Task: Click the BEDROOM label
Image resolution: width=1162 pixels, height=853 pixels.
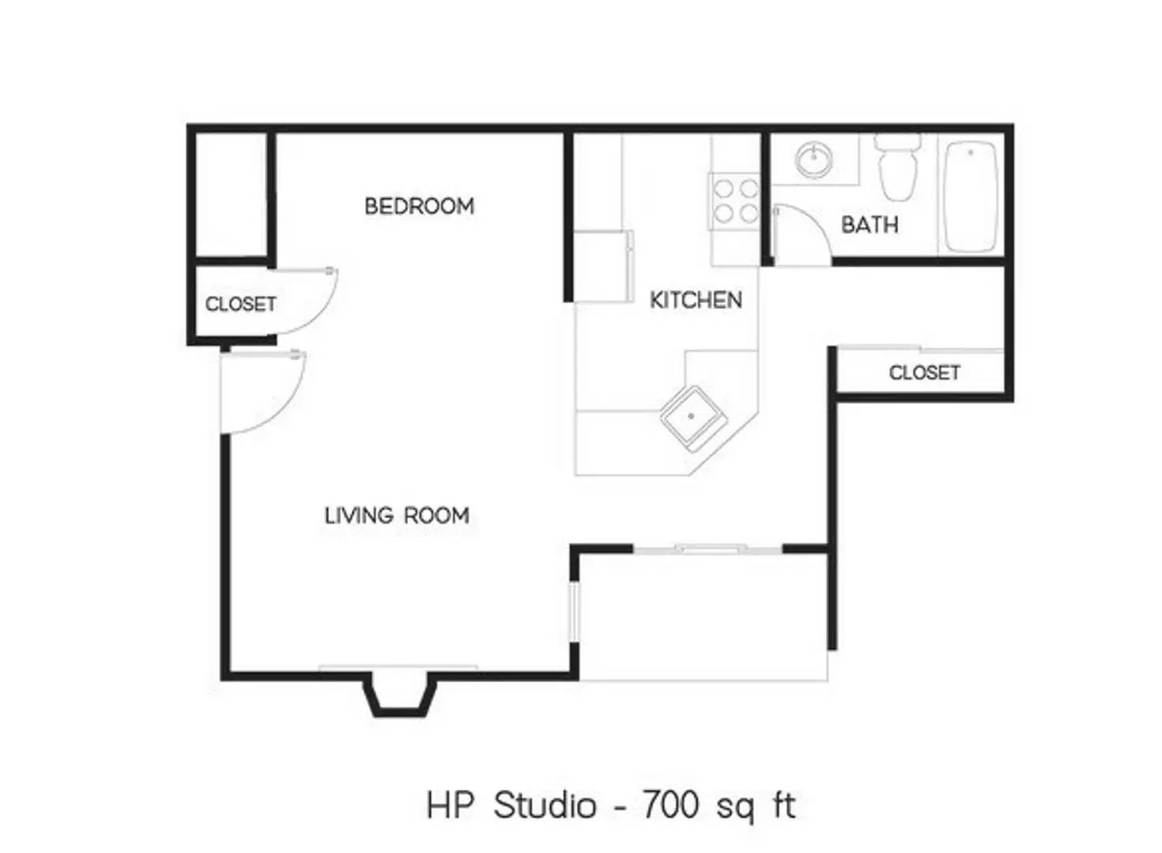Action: pyautogui.click(x=419, y=206)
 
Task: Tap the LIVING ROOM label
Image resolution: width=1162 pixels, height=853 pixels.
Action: pyautogui.click(x=397, y=516)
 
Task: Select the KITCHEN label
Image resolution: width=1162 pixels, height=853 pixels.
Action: pyautogui.click(x=696, y=300)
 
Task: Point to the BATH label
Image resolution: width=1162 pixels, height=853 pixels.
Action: pyautogui.click(x=870, y=225)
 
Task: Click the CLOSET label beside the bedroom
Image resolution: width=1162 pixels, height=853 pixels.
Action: pyautogui.click(x=240, y=304)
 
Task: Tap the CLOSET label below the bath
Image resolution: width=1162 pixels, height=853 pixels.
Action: pyautogui.click(x=924, y=373)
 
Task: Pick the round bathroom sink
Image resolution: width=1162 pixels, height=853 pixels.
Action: pyautogui.click(x=812, y=160)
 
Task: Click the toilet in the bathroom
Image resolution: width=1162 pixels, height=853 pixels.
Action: pyautogui.click(x=899, y=167)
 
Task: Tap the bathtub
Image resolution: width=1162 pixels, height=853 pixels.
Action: pyautogui.click(x=970, y=196)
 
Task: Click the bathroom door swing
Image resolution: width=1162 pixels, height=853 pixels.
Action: pyautogui.click(x=800, y=235)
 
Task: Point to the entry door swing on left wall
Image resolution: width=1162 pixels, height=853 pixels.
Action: pyautogui.click(x=261, y=392)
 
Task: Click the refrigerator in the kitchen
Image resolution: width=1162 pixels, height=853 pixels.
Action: pyautogui.click(x=603, y=265)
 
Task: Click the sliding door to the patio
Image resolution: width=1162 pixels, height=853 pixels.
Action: pyautogui.click(x=708, y=548)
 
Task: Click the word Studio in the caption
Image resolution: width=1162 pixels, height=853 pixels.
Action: pyautogui.click(x=545, y=806)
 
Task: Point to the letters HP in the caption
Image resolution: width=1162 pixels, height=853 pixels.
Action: pyautogui.click(x=451, y=806)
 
